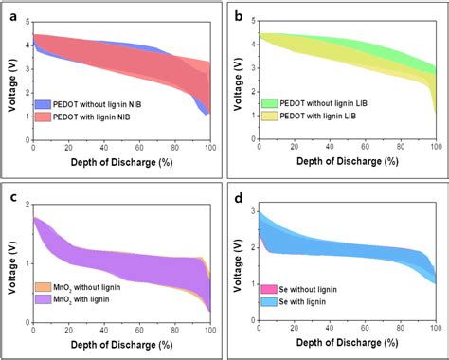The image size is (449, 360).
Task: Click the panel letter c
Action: [x=12, y=196]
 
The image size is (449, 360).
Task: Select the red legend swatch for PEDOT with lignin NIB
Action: [x=45, y=117]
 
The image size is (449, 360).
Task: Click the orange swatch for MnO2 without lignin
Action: [x=45, y=286]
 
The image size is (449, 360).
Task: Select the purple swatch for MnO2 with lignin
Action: [x=45, y=298]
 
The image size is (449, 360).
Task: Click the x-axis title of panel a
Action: [x=121, y=163]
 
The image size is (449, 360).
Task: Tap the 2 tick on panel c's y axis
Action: [x=27, y=205]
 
